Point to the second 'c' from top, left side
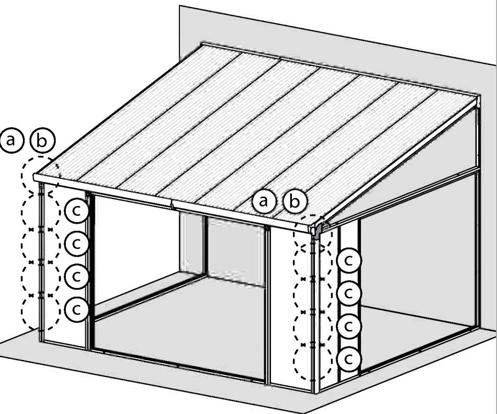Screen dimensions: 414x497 [76, 243]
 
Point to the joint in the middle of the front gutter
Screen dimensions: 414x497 [173, 204]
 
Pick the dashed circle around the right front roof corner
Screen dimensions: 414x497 [312, 233]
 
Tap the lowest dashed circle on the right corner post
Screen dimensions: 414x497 [312, 361]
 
